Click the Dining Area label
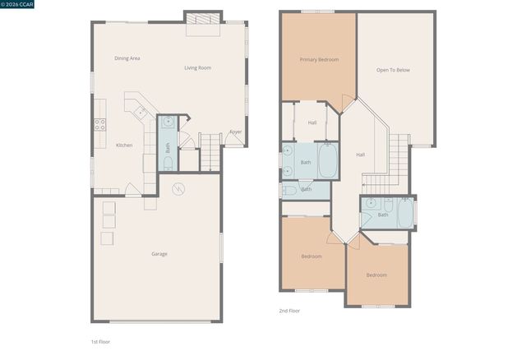click(127, 58)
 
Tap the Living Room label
click(197, 67)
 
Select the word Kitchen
click(124, 145)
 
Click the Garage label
click(159, 254)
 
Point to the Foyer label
click(235, 132)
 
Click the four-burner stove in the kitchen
click(99, 125)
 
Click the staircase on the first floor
click(210, 152)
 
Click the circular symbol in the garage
click(178, 189)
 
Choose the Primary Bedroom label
click(319, 59)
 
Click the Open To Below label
click(393, 70)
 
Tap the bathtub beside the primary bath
click(328, 161)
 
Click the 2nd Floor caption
click(289, 312)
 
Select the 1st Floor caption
click(100, 341)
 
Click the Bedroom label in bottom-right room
click(376, 275)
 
